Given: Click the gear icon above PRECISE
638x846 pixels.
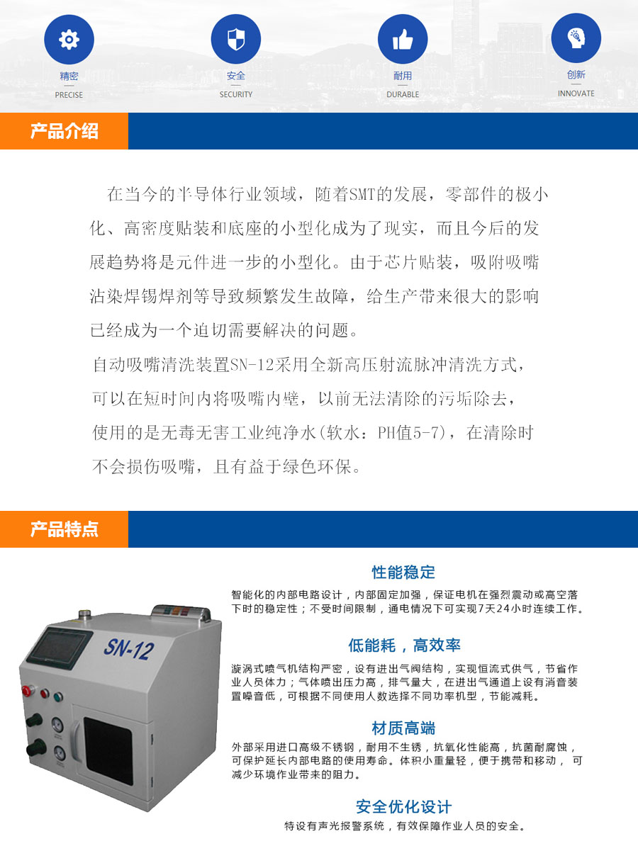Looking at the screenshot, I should (x=69, y=39).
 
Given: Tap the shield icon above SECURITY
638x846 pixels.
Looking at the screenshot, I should (x=236, y=39).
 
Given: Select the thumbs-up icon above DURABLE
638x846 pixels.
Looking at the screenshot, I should (x=403, y=39).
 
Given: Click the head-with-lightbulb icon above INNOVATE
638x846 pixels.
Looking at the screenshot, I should (x=576, y=38).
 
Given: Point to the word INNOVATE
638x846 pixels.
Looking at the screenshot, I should (x=576, y=93).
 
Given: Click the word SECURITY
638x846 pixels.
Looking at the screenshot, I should (x=236, y=94).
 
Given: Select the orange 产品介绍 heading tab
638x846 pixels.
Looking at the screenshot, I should (x=64, y=131).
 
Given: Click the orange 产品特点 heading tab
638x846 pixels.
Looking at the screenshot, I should (x=64, y=529).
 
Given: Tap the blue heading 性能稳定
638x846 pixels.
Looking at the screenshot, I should (x=403, y=572).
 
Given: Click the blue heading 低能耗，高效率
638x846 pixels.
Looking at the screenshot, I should (x=404, y=645).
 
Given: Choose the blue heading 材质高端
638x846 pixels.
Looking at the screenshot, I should (x=403, y=728).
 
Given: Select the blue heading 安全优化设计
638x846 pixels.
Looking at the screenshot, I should (x=403, y=806).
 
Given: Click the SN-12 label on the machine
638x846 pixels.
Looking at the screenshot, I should (x=128, y=648).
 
